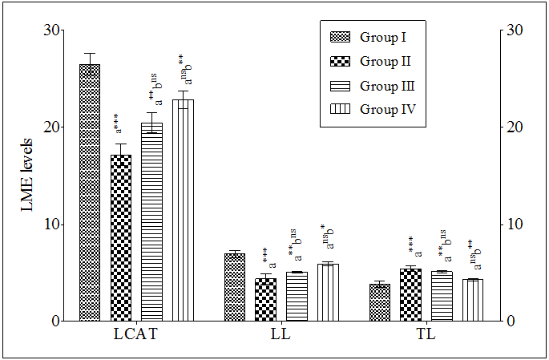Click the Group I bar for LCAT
pyautogui.click(x=90, y=192)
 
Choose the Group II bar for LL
pyautogui.click(x=265, y=300)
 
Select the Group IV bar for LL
pyautogui.click(x=328, y=292)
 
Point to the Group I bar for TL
pyautogui.click(x=379, y=302)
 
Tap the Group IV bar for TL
pyautogui.click(x=473, y=300)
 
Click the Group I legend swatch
pyautogui.click(x=341, y=37)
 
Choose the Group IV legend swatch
pyautogui.click(x=341, y=109)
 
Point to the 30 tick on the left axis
pyautogui.click(x=51, y=30)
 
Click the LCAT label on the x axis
pyautogui.click(x=135, y=334)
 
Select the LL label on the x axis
pyautogui.click(x=281, y=334)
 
